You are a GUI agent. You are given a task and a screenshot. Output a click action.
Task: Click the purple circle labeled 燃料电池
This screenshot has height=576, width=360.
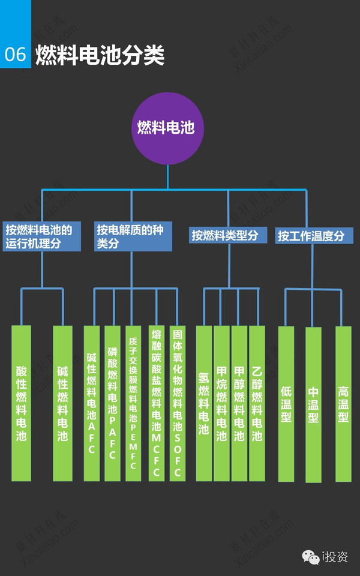click(167, 128)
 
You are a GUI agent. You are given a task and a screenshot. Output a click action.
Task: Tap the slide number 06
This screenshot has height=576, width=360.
click(15, 54)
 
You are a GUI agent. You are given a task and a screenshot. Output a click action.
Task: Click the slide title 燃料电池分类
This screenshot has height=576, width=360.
click(100, 55)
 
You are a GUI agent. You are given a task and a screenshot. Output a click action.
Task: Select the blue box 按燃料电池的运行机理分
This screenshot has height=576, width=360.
click(42, 236)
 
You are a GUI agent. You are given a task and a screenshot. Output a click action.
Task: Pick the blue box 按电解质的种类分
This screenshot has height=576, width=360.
click(133, 236)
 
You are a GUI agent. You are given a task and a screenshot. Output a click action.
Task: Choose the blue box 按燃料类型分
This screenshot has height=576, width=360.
click(224, 235)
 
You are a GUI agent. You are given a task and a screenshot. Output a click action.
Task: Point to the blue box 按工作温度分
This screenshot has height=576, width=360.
click(311, 236)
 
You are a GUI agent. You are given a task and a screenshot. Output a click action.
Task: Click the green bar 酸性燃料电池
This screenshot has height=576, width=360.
click(21, 403)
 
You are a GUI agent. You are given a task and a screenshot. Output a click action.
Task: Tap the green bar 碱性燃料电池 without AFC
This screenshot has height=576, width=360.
click(62, 403)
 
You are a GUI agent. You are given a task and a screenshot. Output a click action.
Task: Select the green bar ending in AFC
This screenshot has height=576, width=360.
click(91, 403)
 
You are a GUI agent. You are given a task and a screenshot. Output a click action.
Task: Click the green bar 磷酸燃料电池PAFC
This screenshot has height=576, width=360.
click(112, 403)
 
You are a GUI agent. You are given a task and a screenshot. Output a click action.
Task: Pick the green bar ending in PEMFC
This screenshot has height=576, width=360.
click(133, 403)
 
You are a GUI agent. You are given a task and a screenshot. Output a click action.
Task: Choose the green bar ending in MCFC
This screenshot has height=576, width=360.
click(156, 403)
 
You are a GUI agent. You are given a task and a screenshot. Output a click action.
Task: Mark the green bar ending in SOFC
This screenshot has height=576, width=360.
click(177, 403)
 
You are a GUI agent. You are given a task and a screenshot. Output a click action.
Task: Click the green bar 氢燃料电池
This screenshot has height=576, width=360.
click(203, 403)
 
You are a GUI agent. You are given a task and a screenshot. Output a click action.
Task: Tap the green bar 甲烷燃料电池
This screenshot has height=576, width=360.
click(221, 403)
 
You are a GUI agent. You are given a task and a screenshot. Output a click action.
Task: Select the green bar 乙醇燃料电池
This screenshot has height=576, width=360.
click(257, 403)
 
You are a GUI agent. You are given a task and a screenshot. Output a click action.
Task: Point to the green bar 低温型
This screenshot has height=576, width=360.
click(286, 404)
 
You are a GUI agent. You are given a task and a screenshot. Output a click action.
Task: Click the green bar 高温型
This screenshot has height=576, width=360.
click(343, 404)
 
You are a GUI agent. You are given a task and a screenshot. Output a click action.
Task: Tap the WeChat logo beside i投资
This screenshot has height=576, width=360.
click(310, 557)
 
